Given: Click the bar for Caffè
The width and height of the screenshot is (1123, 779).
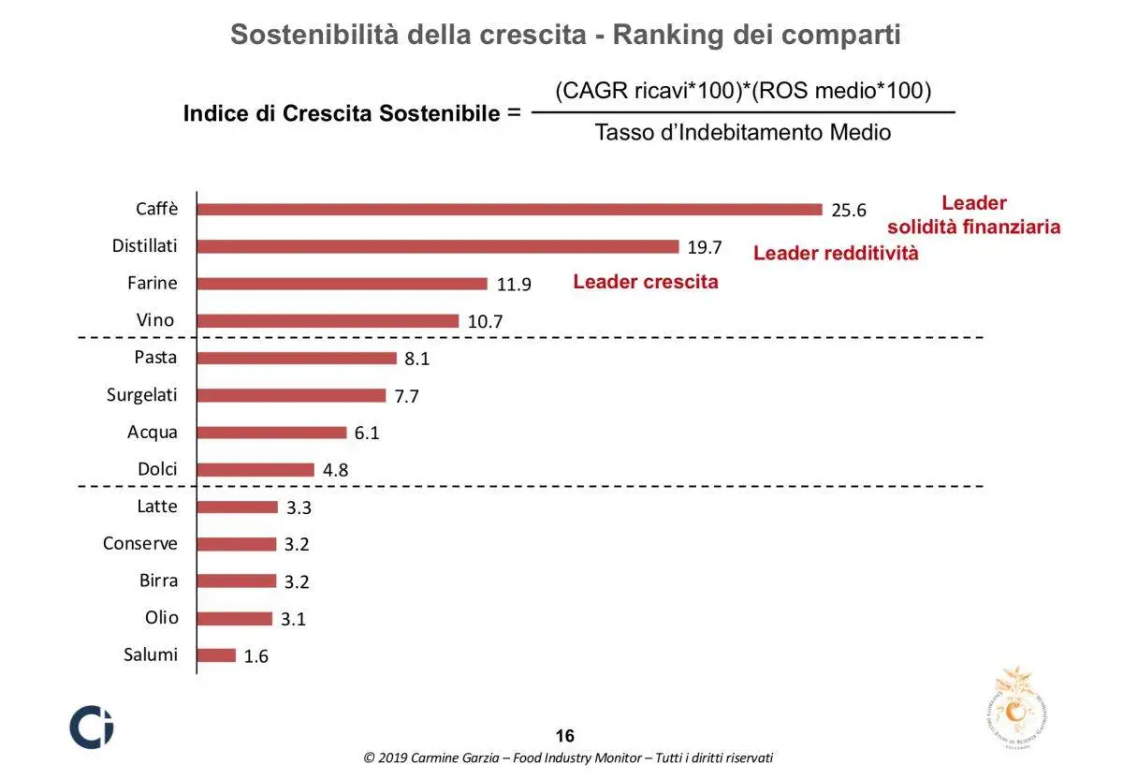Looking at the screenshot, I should click(509, 209).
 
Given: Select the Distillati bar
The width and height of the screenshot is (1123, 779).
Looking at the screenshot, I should click(437, 246).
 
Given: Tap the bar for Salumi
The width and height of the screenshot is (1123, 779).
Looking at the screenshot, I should click(216, 655).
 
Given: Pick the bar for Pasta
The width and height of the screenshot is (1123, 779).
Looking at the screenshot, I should click(297, 358).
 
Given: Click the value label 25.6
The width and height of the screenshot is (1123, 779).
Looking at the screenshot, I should click(849, 211).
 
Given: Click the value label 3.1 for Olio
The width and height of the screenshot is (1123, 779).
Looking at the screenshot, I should click(294, 619).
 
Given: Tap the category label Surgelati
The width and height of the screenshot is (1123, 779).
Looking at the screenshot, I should click(141, 394).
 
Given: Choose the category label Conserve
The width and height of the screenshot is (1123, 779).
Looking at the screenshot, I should click(139, 543).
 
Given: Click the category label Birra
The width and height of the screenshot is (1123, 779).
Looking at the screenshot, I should click(158, 581).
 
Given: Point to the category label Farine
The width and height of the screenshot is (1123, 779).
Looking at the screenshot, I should click(152, 283).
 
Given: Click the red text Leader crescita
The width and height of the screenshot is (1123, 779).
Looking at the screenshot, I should click(646, 282).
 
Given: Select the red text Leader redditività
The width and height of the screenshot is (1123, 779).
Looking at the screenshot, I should click(836, 253).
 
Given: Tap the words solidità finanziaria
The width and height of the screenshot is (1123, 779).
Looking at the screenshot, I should click(974, 227).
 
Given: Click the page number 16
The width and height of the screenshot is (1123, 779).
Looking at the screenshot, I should click(565, 736).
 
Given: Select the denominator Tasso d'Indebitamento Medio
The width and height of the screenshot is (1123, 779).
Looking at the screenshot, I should click(743, 133).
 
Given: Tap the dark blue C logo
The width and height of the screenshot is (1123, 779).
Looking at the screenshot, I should click(92, 727).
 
